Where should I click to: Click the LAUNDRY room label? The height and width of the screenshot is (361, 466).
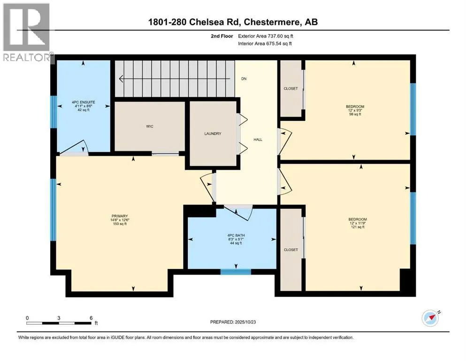coord(213,133)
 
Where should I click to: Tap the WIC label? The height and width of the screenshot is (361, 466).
coord(150,126)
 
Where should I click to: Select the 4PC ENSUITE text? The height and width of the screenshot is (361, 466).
coord(84,102)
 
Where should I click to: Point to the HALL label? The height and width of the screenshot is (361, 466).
coord(258,140)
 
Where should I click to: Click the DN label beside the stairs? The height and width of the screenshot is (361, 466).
coord(244,79)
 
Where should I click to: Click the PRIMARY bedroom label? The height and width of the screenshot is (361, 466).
coord(120,216)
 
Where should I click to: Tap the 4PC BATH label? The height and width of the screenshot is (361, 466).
coord(236,235)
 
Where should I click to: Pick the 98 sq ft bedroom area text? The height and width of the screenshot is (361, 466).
coord(355,114)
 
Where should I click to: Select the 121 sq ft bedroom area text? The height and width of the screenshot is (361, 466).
coord(358,227)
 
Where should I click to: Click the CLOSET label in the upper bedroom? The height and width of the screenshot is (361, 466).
coord(290,89)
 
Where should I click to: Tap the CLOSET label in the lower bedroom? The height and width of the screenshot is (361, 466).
coord(290,250)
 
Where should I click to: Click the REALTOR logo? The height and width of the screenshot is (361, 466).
coord(27,32)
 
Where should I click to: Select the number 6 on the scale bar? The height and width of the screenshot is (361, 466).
coord(91,318)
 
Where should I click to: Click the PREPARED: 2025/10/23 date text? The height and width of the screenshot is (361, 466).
coord(233,322)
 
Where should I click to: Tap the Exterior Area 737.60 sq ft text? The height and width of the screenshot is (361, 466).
coord(266,36)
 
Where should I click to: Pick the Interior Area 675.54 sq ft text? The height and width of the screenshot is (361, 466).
coord(265,43)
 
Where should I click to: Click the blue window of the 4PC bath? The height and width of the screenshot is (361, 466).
coord(236,271)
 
